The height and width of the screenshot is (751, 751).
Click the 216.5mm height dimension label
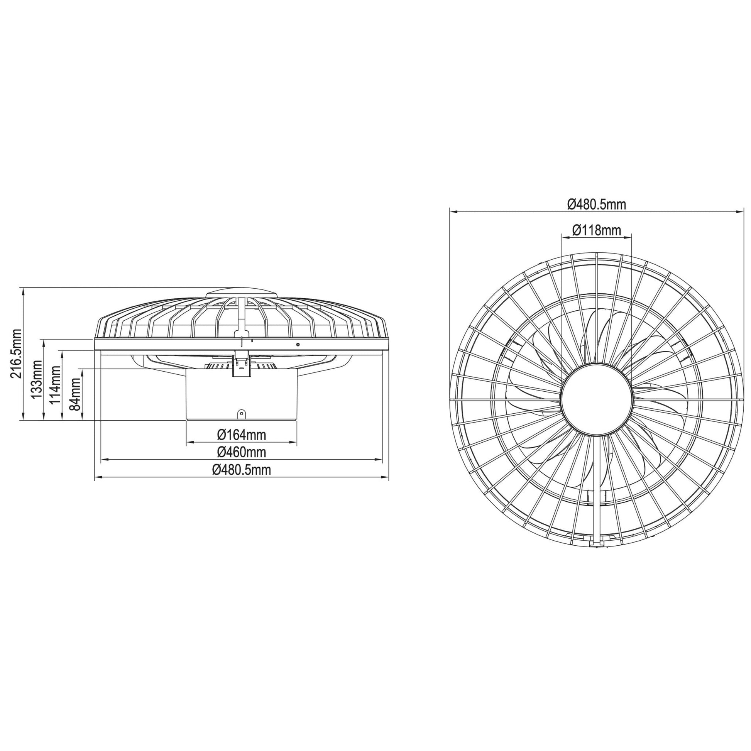click(15, 354)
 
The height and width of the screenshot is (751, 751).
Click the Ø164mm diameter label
click(242, 435)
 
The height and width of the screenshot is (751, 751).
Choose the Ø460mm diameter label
click(242, 452)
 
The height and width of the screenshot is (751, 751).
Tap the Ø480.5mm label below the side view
click(242, 470)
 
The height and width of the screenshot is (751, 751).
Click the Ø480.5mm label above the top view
click(597, 204)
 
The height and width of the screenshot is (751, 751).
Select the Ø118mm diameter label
click(597, 230)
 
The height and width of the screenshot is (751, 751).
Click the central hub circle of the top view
click(597, 399)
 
